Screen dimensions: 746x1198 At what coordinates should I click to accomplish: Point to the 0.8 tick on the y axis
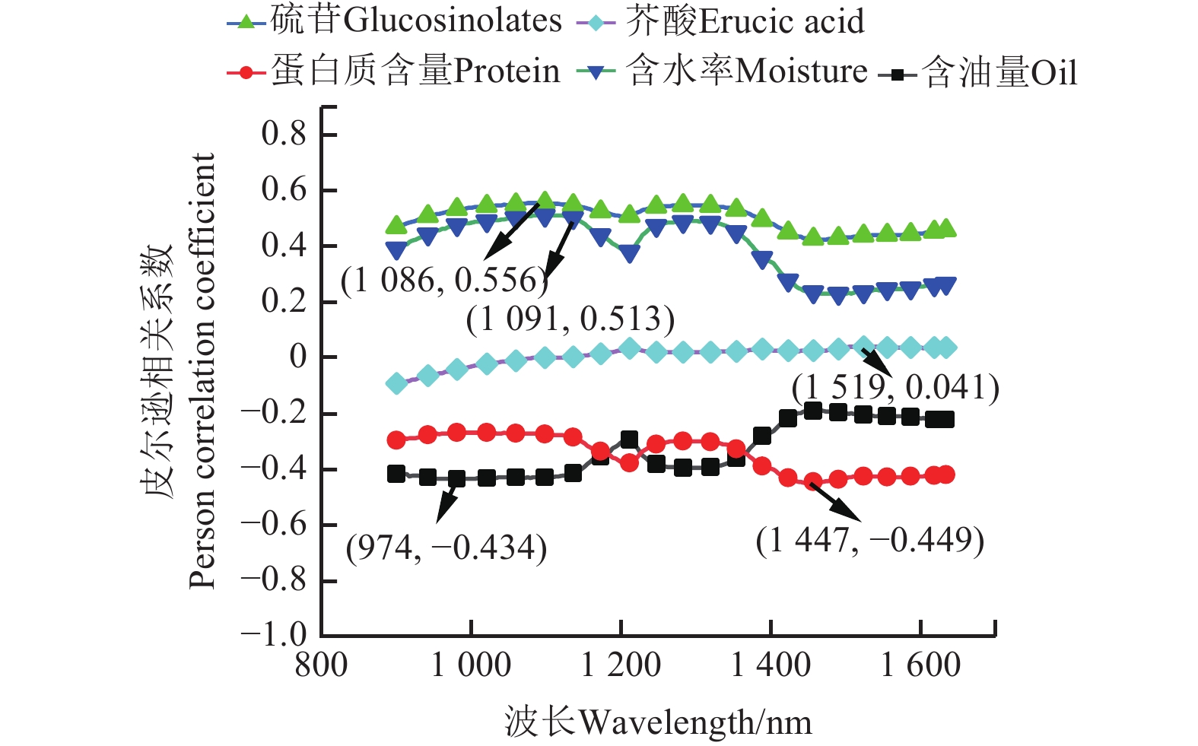click(x=284, y=135)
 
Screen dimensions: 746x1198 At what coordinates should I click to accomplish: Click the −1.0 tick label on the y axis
click(x=274, y=635)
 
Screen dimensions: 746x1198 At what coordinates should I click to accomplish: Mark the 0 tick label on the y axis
click(x=297, y=357)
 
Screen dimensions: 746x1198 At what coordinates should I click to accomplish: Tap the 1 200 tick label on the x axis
click(x=621, y=666)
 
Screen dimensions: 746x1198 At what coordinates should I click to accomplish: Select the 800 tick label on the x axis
click(x=321, y=666)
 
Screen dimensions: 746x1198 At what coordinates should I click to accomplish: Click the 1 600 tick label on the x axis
click(x=920, y=666)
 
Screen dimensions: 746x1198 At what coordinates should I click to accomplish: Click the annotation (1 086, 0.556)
click(x=444, y=281)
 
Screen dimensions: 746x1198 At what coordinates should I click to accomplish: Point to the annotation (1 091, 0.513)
click(x=570, y=319)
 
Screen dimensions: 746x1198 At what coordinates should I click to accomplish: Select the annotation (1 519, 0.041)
click(x=895, y=388)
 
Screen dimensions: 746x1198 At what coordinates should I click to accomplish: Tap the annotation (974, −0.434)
click(x=446, y=548)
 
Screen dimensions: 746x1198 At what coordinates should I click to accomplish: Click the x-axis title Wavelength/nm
click(x=658, y=722)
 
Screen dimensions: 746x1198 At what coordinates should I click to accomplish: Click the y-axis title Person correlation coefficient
click(x=203, y=370)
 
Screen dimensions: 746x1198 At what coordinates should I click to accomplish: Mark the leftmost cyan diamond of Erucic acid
click(x=396, y=383)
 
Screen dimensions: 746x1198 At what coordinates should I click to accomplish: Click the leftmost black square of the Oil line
click(x=396, y=474)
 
